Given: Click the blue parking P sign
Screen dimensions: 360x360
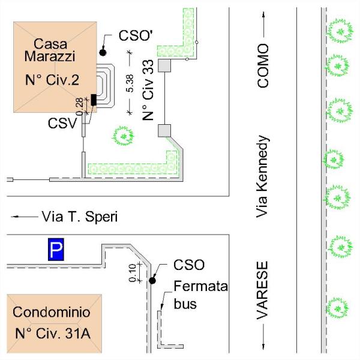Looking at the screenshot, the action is [56, 250].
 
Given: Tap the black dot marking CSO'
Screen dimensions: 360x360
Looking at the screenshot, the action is [103, 53].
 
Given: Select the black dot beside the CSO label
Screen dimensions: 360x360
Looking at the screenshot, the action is [152, 281].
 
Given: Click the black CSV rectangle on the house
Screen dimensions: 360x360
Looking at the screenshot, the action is [94, 100].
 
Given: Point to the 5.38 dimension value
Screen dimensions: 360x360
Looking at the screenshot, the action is [130, 83].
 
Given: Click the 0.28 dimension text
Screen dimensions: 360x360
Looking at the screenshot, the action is [80, 107].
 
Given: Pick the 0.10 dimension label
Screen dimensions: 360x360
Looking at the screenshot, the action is [133, 273].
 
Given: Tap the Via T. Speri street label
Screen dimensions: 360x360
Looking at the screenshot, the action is [80, 217].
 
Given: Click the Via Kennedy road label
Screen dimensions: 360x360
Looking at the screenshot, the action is [262, 176].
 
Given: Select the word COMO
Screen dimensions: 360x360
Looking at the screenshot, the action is [263, 66].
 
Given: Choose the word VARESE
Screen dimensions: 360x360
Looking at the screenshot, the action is [262, 290].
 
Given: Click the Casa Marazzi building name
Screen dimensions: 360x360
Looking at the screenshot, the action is [50, 50].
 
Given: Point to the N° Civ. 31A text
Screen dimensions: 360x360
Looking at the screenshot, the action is [53, 334].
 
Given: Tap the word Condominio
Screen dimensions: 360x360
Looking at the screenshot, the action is [52, 312].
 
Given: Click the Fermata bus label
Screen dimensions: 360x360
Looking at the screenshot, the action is [200, 295].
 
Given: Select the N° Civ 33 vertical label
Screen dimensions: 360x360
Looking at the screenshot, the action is [148, 90].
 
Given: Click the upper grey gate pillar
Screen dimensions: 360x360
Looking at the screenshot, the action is [164, 65].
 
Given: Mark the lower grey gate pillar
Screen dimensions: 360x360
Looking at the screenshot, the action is [164, 131].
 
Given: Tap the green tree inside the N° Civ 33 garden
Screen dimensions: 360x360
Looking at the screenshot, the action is [123, 136].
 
